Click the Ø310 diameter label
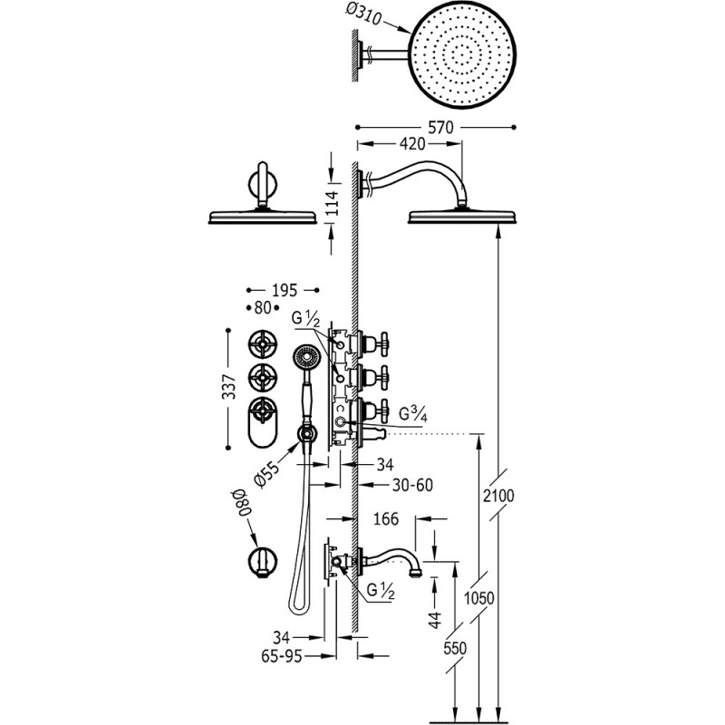(x=364, y=15)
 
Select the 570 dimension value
(x=440, y=127)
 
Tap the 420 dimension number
(x=412, y=144)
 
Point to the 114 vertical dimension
(x=332, y=202)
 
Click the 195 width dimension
(x=285, y=290)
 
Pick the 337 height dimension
(x=229, y=387)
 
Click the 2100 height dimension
(x=498, y=496)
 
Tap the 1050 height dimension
(x=479, y=598)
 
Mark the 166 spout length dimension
(x=386, y=518)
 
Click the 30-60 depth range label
(x=412, y=485)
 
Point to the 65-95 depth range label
(x=282, y=655)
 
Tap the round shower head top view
(x=462, y=59)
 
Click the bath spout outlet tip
(x=416, y=574)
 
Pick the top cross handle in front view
(x=263, y=344)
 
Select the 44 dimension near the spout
(x=436, y=618)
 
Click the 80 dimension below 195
(x=263, y=307)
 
